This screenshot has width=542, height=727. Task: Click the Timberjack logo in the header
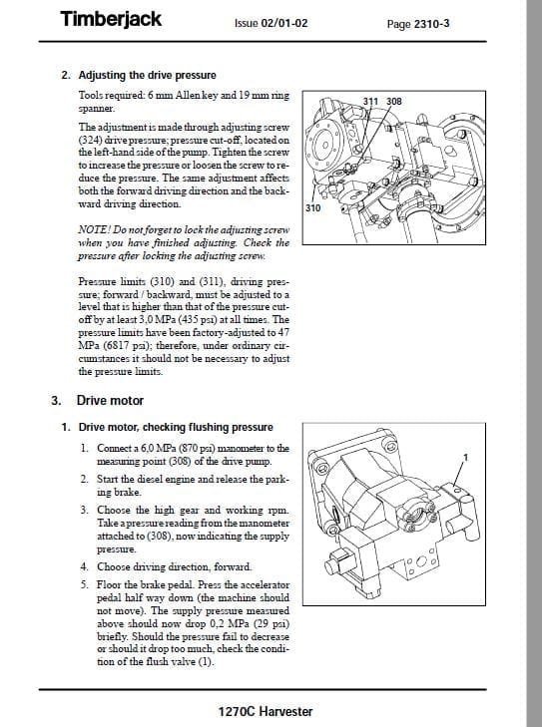coord(111,19)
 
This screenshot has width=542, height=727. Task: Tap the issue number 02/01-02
coord(284,23)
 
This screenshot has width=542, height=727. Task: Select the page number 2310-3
coord(431,24)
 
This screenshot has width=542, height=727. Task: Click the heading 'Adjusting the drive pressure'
coord(147,75)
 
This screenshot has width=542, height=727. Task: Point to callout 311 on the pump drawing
coord(370,101)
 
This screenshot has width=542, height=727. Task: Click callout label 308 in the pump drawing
coord(394,101)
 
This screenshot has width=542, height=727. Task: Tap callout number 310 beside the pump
coord(312,208)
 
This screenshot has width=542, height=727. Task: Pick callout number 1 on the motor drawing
coord(466,458)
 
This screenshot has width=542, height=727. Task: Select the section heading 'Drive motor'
coord(110,401)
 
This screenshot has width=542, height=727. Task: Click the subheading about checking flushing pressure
coord(176,427)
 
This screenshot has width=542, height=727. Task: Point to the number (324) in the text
coord(90,140)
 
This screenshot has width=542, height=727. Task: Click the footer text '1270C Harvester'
coord(266,712)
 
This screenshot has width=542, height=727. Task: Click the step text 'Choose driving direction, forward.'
coord(175,567)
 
